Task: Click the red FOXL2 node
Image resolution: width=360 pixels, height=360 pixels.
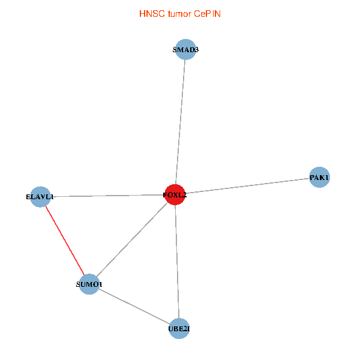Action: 175,194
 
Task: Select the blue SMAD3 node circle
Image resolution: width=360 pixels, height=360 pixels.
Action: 185,50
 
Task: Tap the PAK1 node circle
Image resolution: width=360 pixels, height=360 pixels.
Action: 319,177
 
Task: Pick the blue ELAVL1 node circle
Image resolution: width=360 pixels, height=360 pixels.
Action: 40,197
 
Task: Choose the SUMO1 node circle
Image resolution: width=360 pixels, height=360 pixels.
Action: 89,284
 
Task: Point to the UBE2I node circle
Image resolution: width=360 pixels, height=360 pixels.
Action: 179,328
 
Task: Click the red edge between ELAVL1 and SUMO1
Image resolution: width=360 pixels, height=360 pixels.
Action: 65,240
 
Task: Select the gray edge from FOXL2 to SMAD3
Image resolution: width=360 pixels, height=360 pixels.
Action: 180,120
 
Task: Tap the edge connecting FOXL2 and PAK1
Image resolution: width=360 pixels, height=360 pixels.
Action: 246,186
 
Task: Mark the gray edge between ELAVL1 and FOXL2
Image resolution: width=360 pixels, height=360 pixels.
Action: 108,196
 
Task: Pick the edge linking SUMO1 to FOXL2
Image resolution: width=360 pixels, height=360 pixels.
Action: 132,239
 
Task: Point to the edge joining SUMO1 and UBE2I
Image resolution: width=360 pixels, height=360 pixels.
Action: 134,306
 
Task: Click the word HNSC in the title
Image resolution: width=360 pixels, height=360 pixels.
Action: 150,13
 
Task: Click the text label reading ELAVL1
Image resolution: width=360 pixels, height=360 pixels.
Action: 40,197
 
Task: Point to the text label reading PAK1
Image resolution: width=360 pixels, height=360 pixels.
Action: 319,177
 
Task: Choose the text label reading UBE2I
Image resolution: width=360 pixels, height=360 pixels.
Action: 179,328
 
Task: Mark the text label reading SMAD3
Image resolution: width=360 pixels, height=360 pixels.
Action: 185,50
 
